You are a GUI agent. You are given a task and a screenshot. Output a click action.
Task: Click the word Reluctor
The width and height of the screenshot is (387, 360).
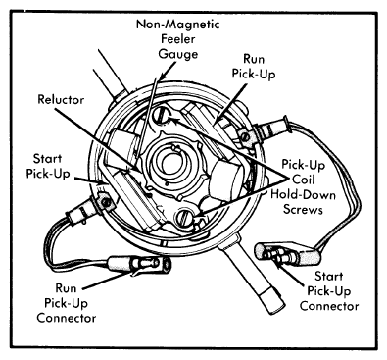(x=61, y=99)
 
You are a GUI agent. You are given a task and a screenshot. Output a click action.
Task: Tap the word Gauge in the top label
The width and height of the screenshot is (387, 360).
(x=178, y=54)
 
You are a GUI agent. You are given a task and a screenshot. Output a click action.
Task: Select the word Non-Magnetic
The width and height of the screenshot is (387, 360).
(x=178, y=25)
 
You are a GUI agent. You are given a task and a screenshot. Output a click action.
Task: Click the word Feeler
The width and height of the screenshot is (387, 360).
(x=178, y=39)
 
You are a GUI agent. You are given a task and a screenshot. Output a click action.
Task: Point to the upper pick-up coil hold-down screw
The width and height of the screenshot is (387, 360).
(x=160, y=116)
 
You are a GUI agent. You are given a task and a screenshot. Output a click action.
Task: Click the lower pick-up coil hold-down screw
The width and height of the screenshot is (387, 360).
(x=183, y=218)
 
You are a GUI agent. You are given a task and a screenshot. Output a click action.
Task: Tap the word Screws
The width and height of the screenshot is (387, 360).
(x=303, y=209)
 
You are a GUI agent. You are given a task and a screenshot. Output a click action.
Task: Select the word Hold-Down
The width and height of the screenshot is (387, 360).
(x=303, y=195)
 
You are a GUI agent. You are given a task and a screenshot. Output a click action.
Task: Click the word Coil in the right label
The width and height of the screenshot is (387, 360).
(x=304, y=180)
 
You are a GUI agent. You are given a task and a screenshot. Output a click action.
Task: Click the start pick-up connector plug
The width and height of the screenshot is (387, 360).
(x=288, y=254)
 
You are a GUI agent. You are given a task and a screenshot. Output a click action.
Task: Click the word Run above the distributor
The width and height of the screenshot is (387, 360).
(x=254, y=59)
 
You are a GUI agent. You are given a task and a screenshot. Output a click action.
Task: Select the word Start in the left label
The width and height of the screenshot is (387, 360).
(x=47, y=159)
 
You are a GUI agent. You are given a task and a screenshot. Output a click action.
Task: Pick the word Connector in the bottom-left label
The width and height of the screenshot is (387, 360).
(x=67, y=318)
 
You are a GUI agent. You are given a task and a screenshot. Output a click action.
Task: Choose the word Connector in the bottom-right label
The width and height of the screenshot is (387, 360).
(x=329, y=306)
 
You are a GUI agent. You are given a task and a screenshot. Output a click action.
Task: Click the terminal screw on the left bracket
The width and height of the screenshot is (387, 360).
(x=106, y=203)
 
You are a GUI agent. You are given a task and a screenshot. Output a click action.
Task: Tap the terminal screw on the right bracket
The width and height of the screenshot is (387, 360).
(x=245, y=136)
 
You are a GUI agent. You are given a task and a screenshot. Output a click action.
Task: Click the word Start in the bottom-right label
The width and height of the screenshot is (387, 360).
(x=329, y=277)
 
